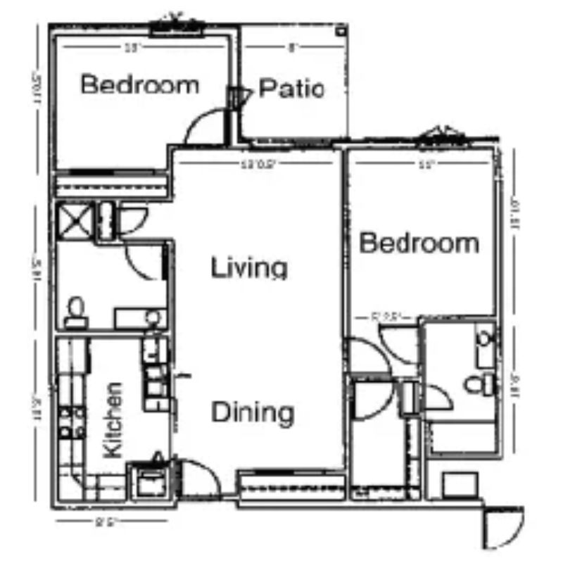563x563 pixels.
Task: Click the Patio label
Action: [291, 89]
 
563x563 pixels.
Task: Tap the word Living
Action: [250, 268]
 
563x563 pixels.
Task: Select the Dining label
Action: [252, 412]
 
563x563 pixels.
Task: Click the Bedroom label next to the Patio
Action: [139, 86]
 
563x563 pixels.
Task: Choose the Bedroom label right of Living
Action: [419, 243]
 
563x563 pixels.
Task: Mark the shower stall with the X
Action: [75, 220]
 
